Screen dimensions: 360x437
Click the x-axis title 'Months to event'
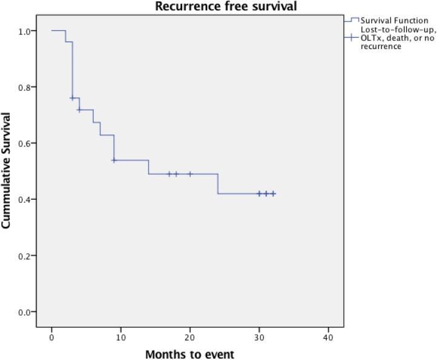coord(189,353)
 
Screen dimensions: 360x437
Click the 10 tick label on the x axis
coord(121,335)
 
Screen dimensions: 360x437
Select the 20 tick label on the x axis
coord(190,335)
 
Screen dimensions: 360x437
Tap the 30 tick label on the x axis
coord(259,335)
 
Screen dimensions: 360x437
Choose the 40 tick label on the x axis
coord(328,335)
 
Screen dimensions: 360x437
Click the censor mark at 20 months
coord(190,174)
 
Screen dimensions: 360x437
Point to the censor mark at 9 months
coord(114,160)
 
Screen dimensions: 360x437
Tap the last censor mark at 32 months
coord(273,194)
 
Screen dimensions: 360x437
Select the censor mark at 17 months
coord(169,174)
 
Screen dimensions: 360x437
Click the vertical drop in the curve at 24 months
coord(218,184)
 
